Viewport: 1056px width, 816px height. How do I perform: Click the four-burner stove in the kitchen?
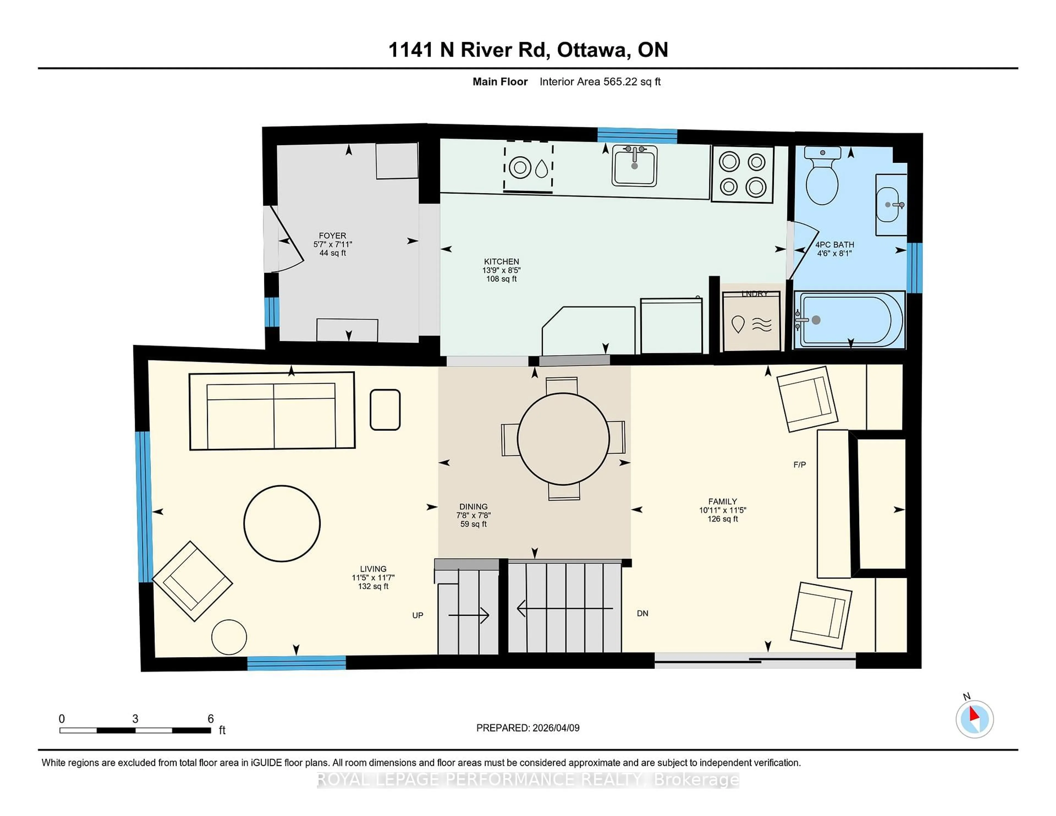(x=742, y=174)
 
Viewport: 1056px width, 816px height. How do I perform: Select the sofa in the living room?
(x=272, y=411)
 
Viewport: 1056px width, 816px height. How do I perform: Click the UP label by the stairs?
(x=418, y=615)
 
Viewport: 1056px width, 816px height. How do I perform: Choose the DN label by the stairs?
(x=643, y=613)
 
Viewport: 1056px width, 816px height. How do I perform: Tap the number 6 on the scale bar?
(x=210, y=719)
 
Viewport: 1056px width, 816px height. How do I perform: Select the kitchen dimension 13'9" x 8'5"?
(x=501, y=270)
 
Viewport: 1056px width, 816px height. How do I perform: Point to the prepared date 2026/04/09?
(x=555, y=728)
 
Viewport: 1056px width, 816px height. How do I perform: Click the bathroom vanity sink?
(x=890, y=205)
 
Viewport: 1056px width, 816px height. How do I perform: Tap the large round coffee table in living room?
(x=282, y=523)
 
